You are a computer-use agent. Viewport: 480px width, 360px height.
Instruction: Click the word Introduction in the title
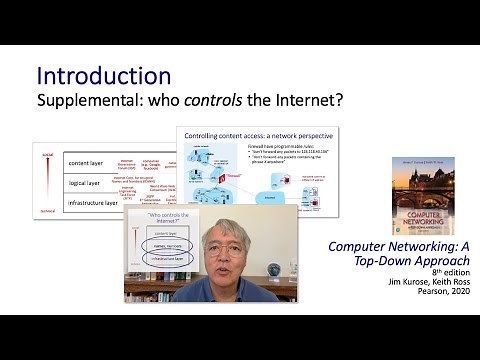(x=103, y=76)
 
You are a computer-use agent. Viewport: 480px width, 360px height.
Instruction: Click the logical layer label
(x=84, y=183)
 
